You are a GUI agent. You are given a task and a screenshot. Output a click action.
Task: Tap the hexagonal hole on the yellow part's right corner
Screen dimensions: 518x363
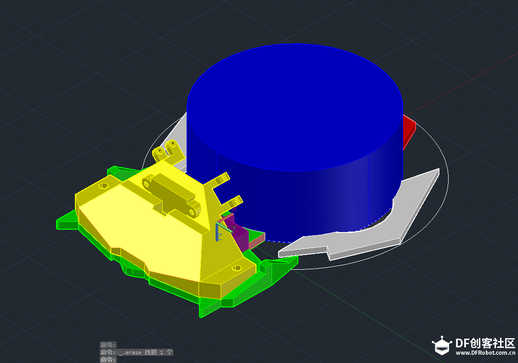(236, 268)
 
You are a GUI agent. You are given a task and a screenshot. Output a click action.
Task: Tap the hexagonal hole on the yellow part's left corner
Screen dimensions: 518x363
(103, 186)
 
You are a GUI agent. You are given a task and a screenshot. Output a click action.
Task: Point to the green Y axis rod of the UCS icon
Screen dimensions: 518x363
(225, 228)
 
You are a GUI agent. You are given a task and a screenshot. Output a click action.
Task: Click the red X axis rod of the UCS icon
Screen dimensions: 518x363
(225, 218)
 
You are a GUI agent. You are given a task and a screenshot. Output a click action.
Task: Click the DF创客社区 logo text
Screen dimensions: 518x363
(485, 343)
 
